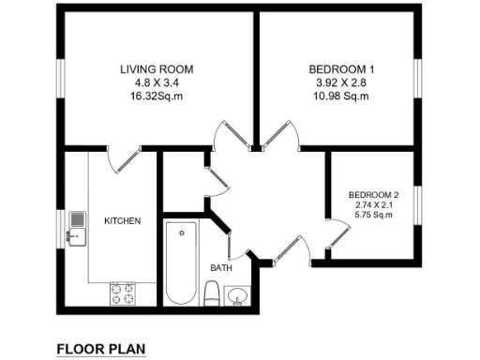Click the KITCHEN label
[122, 221]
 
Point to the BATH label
[220, 268]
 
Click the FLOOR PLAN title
[101, 349]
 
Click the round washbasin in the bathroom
[237, 297]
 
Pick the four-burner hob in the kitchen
[122, 294]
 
